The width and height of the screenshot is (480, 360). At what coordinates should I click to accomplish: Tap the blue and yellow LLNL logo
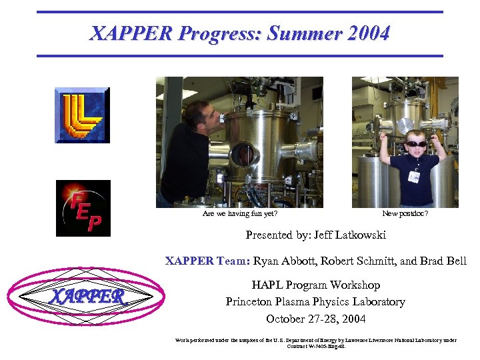(x=82, y=115)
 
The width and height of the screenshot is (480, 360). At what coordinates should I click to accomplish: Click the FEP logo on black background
(x=83, y=208)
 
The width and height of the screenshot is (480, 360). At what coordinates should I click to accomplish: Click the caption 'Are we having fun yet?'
(x=240, y=214)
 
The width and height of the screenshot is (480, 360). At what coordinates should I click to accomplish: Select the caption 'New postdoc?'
(x=405, y=214)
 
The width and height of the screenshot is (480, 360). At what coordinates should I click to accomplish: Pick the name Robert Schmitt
(x=356, y=261)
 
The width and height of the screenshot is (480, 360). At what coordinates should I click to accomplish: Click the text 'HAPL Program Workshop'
(x=315, y=285)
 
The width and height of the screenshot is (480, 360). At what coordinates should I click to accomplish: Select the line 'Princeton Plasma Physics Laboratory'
(x=315, y=302)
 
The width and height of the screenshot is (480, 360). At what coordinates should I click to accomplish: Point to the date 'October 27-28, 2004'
(x=315, y=319)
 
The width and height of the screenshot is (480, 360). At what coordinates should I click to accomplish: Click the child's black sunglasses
(x=416, y=143)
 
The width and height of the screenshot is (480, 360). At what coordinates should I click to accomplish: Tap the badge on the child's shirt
(x=414, y=176)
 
